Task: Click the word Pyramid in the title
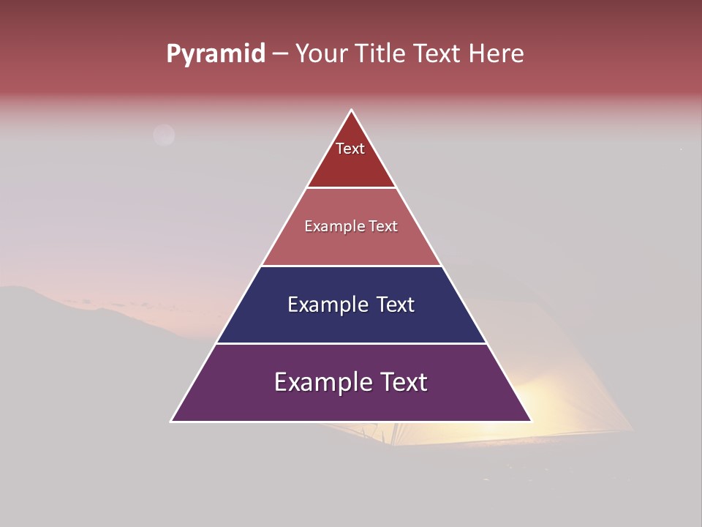216,54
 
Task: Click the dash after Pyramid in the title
280,54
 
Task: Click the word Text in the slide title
439,53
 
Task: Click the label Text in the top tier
350,149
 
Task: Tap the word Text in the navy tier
396,304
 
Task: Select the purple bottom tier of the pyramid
351,403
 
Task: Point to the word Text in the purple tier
403,382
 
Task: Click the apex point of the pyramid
352,111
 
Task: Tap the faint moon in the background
164,135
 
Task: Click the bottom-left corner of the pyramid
172,421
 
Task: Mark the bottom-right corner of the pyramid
531,421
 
